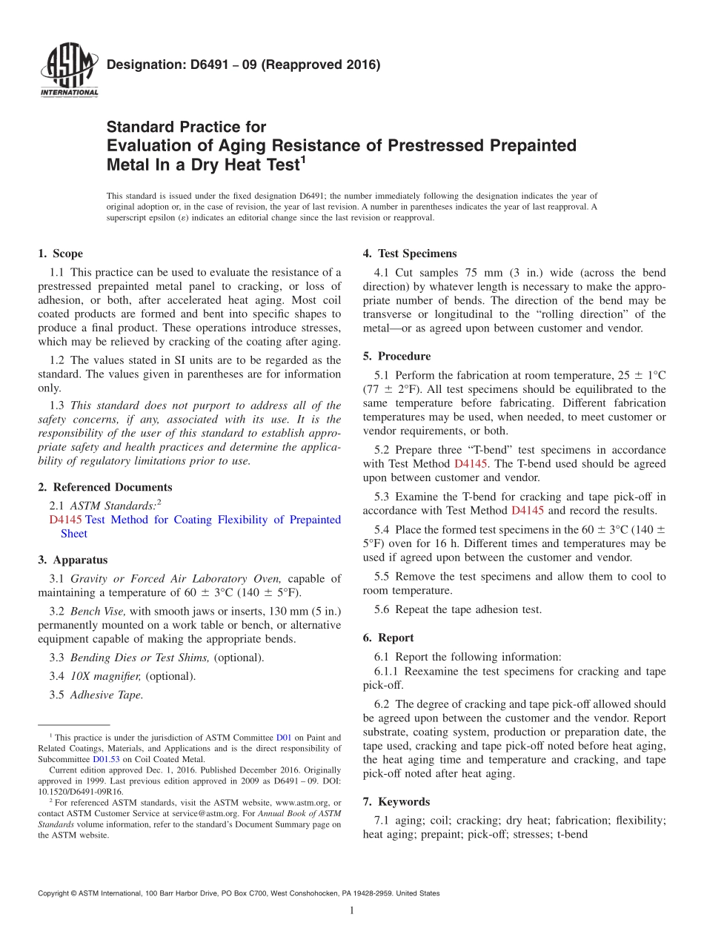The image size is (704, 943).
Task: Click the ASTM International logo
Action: (x=69, y=71)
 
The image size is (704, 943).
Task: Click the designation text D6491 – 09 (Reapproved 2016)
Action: (x=243, y=65)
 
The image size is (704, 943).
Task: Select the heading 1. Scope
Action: (x=61, y=254)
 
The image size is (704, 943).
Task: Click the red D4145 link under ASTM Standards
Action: (x=64, y=520)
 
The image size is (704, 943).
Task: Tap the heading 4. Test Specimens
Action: (x=410, y=254)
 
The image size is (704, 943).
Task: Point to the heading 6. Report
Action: (x=388, y=638)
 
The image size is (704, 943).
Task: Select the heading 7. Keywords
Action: (x=396, y=801)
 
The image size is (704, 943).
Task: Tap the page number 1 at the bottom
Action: (x=351, y=910)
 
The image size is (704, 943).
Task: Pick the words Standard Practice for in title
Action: (x=186, y=127)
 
